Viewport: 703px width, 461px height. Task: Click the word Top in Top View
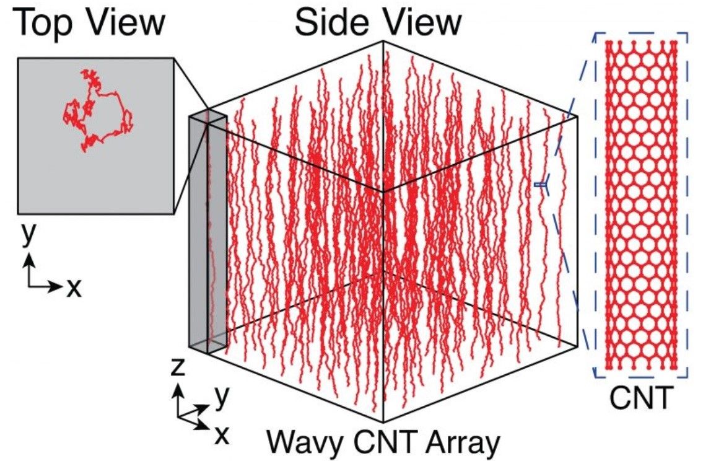coord(44,24)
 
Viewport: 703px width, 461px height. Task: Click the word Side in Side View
coord(333,22)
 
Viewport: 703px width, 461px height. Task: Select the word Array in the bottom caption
coord(463,443)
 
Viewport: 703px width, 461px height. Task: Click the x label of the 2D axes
coord(74,288)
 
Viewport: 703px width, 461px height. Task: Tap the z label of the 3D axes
coord(178,367)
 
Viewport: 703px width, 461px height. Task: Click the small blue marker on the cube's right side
coord(541,184)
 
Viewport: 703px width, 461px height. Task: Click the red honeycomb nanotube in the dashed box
coord(641,205)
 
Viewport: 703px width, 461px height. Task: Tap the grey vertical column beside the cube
coord(207,231)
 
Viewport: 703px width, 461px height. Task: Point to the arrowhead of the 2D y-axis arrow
coord(29,259)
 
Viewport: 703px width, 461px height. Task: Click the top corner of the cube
coord(382,41)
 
